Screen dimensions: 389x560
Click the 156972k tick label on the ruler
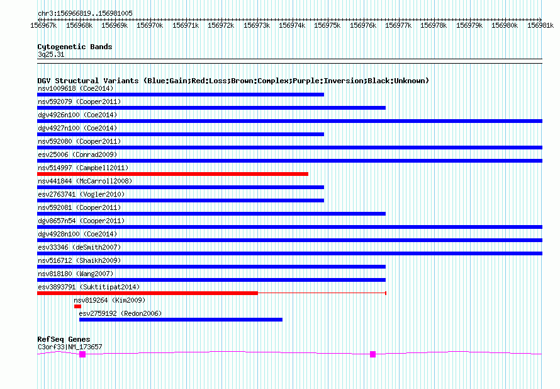click(x=221, y=25)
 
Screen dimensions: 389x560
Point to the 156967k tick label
click(x=43, y=25)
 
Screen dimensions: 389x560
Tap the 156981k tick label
click(x=540, y=25)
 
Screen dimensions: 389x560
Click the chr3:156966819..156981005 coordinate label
click(x=85, y=13)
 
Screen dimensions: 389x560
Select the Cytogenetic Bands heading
click(x=74, y=47)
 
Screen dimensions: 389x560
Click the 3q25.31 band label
click(x=50, y=55)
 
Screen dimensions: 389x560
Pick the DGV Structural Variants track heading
click(x=233, y=81)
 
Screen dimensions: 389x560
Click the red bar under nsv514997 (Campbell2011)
click(x=172, y=174)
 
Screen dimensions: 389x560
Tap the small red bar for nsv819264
click(x=77, y=306)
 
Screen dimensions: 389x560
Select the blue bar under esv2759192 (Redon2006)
click(x=181, y=320)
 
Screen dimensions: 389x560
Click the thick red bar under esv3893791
click(x=147, y=293)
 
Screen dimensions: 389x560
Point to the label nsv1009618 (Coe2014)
click(x=76, y=88)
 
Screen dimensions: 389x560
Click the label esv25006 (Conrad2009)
click(x=77, y=154)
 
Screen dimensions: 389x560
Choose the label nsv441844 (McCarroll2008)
click(x=84, y=181)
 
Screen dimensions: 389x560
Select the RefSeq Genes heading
click(x=64, y=339)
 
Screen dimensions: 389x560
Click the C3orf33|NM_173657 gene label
click(x=69, y=347)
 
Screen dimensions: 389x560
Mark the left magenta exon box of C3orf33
click(x=82, y=354)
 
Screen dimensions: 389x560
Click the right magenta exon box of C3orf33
click(x=372, y=354)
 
